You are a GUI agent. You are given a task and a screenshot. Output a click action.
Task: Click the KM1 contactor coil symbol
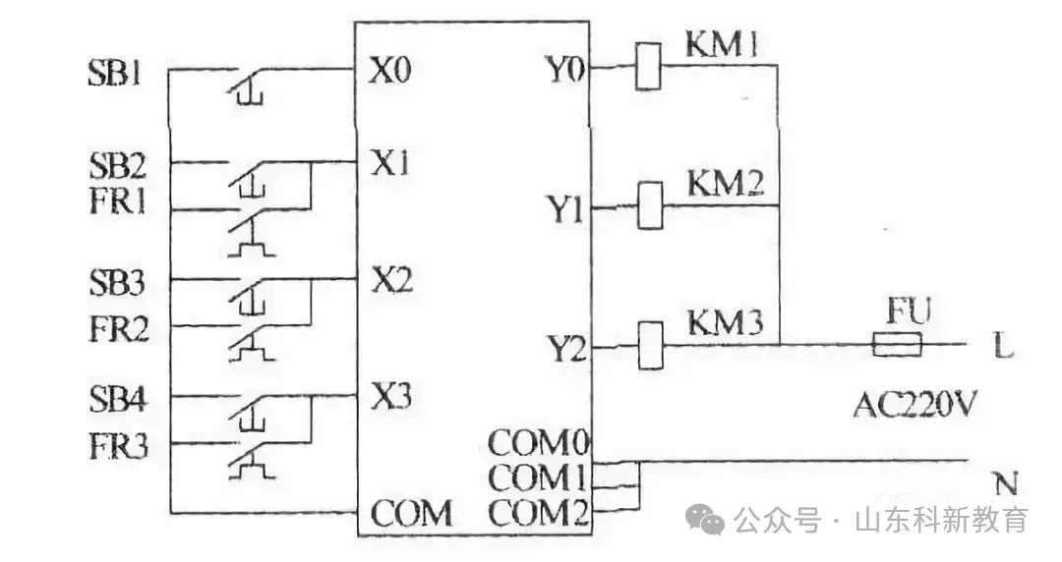click(x=648, y=66)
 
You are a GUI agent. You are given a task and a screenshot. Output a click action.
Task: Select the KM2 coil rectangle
click(x=650, y=205)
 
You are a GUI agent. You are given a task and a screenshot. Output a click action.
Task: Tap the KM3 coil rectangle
click(x=651, y=345)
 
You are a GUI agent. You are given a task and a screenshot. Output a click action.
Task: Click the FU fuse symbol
click(x=897, y=345)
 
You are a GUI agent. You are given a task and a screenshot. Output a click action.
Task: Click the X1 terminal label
click(x=389, y=162)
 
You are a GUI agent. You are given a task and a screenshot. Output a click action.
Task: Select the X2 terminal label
click(x=391, y=279)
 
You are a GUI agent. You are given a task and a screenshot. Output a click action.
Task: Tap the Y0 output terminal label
click(x=564, y=69)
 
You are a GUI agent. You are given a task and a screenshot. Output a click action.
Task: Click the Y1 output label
click(x=565, y=209)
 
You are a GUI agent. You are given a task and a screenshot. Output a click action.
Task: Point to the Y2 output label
click(x=566, y=350)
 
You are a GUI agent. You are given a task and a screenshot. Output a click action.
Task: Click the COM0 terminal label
click(x=539, y=443)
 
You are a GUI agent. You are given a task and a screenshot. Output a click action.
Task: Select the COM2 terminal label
click(x=539, y=513)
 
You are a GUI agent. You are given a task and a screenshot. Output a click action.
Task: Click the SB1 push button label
click(x=116, y=73)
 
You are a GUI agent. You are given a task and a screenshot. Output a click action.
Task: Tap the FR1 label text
click(x=117, y=201)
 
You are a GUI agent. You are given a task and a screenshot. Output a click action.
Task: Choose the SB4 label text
click(x=118, y=399)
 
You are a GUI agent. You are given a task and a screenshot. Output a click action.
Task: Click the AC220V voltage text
click(x=914, y=405)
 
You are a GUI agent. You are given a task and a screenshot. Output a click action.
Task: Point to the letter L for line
click(x=1004, y=348)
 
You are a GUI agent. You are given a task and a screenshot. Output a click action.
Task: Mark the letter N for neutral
click(x=1007, y=484)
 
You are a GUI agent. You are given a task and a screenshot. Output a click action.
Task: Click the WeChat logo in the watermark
click(x=705, y=519)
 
